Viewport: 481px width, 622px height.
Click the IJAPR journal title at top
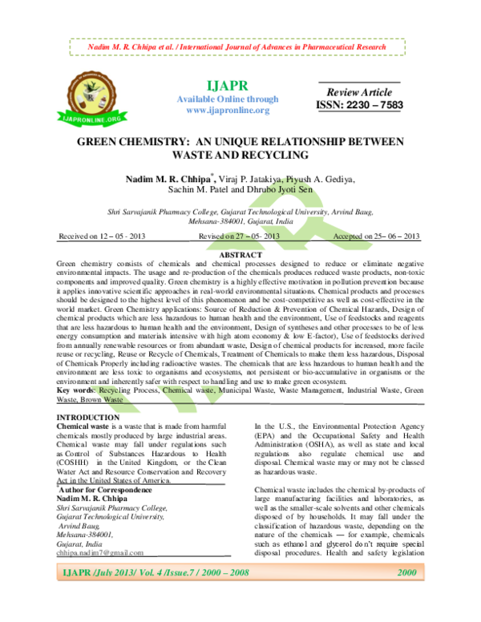click(228, 84)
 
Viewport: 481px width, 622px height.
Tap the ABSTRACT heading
click(241, 254)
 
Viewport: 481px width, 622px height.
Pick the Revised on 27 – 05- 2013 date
click(240, 236)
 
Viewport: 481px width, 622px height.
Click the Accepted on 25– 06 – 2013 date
click(376, 236)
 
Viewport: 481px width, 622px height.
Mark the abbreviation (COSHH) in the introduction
click(77, 462)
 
